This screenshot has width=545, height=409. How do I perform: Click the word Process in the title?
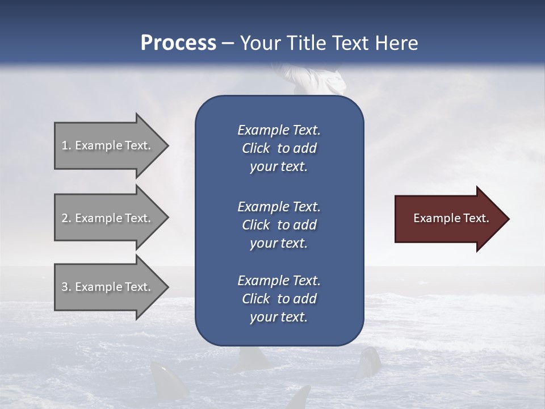click(x=178, y=43)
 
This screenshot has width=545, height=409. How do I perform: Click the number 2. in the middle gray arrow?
click(x=66, y=218)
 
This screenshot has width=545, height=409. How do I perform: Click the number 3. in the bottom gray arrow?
click(x=66, y=287)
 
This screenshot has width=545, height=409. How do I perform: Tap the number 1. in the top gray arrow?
click(x=66, y=145)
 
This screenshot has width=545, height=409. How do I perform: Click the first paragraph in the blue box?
click(x=279, y=148)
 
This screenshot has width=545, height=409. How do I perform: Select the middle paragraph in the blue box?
click(x=279, y=225)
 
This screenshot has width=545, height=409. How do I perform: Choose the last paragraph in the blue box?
click(x=279, y=299)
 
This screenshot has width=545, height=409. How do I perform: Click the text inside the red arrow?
click(x=451, y=218)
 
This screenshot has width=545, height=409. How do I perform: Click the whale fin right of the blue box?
click(x=370, y=361)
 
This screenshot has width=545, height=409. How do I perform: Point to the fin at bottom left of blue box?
click(x=162, y=378)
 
